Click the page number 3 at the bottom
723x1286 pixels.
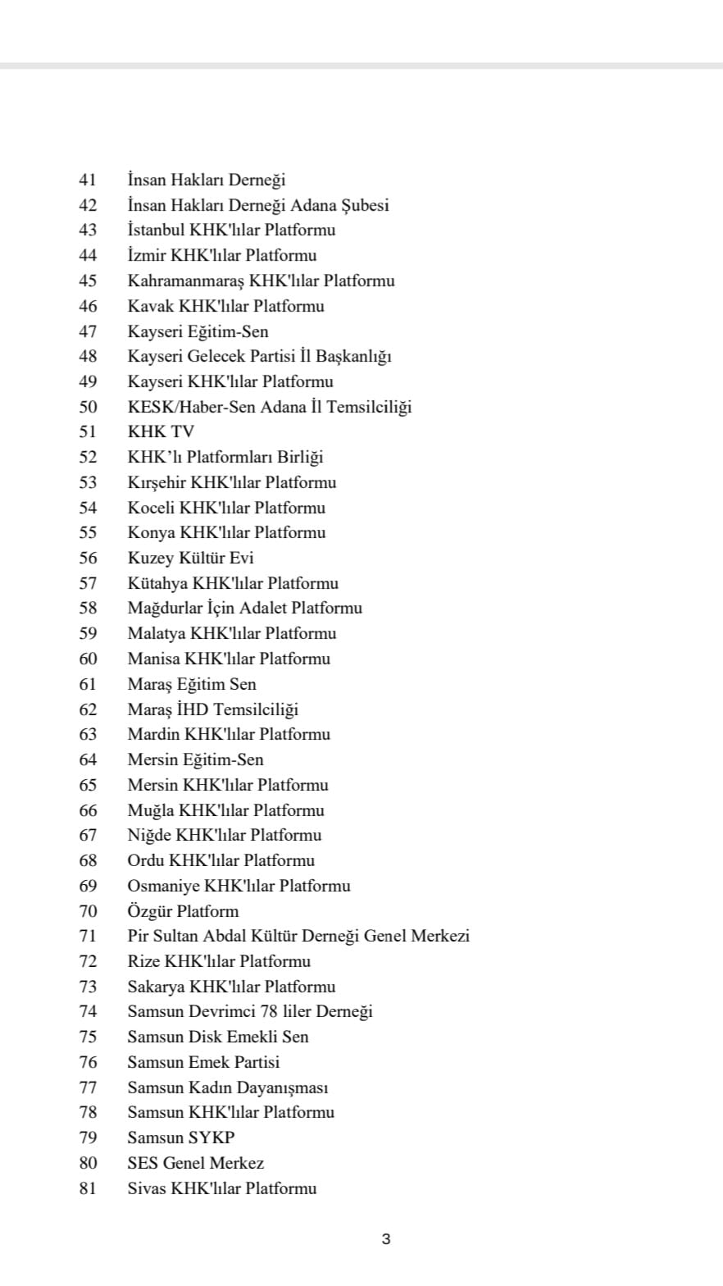click(x=386, y=1239)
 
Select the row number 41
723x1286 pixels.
click(x=88, y=180)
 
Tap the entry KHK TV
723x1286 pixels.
click(x=161, y=431)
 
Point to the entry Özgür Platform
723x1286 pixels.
click(x=183, y=911)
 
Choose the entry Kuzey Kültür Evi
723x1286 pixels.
click(x=190, y=558)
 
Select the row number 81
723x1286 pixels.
click(x=88, y=1188)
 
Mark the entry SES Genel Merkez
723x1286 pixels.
click(x=195, y=1163)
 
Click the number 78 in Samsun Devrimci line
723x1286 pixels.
click(x=279, y=1011)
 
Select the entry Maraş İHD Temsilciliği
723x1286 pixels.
click(x=212, y=709)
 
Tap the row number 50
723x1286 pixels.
click(x=88, y=407)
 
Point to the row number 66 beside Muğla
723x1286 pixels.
click(x=88, y=810)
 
